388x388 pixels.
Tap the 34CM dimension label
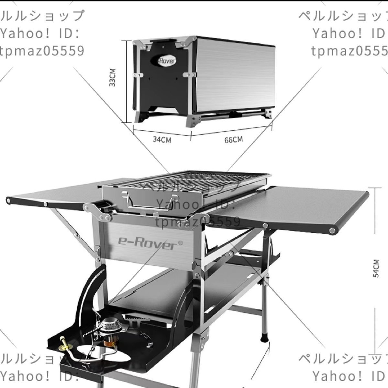(162, 140)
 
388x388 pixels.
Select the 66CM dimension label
(233, 140)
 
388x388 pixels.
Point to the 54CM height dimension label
(376, 268)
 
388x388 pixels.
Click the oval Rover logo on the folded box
(167, 60)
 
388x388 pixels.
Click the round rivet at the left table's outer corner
(9, 201)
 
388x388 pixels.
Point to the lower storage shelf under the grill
(181, 285)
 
